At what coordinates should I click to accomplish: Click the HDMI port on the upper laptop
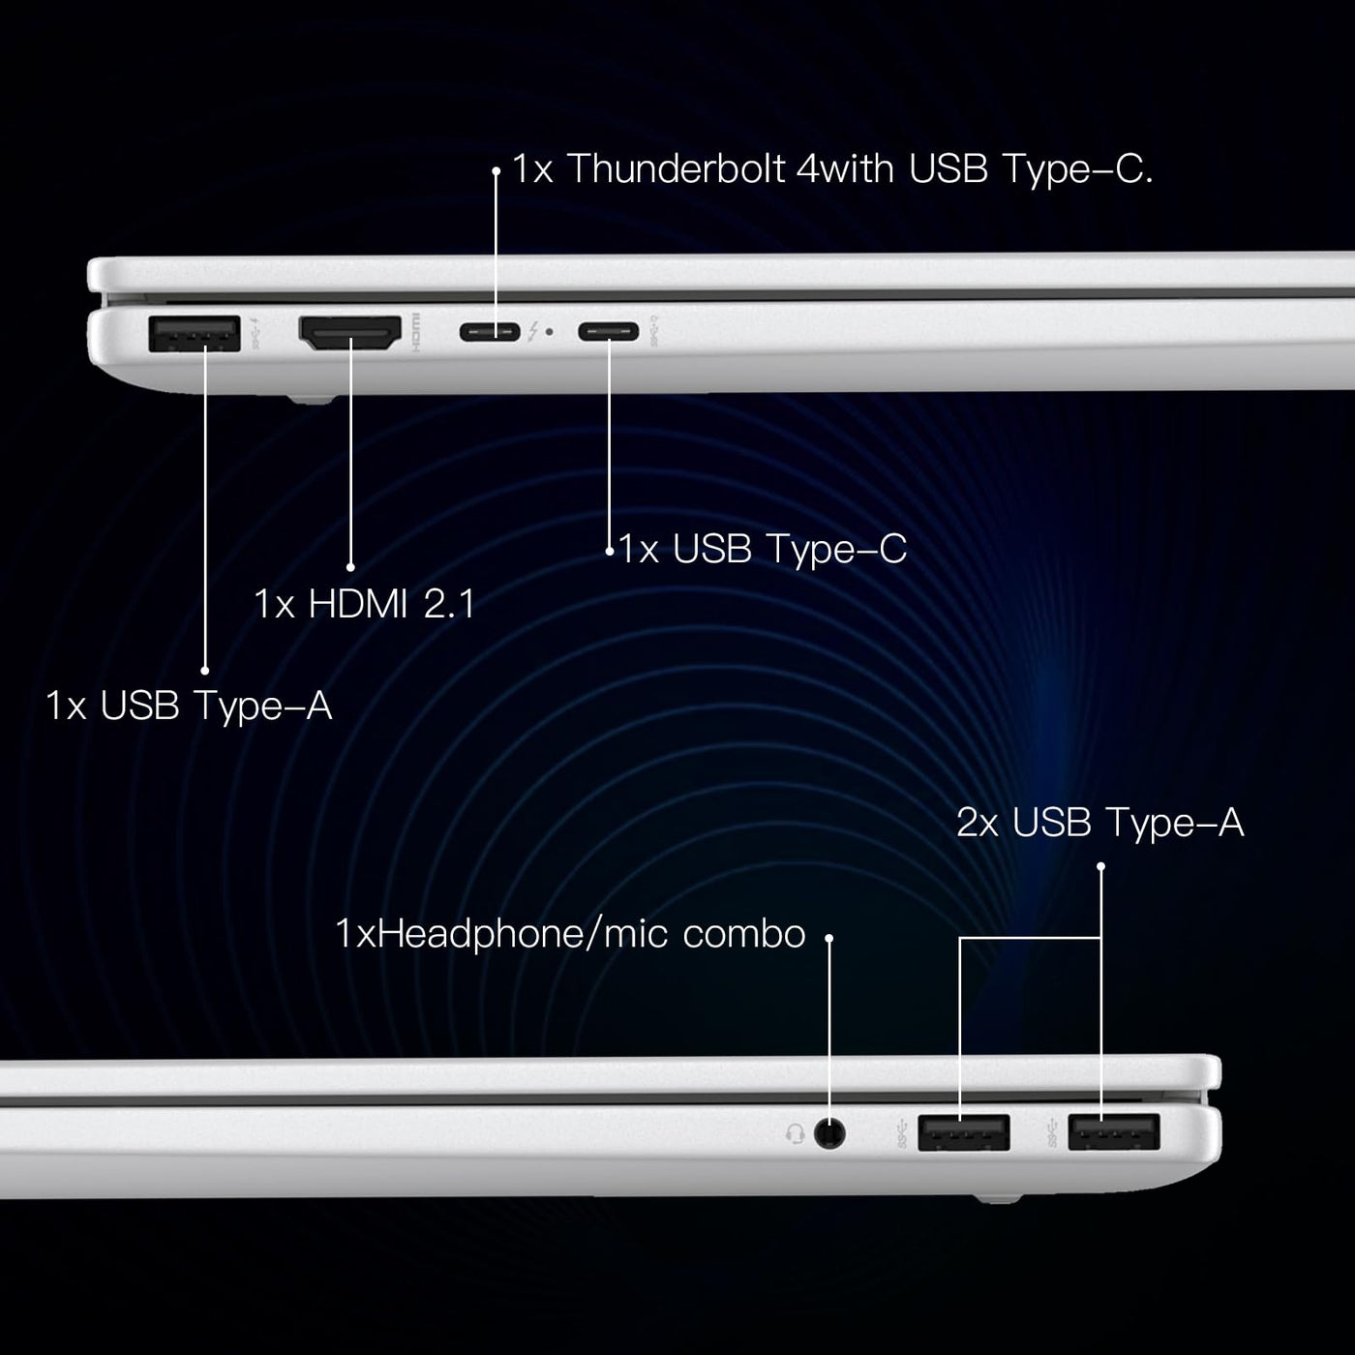click(x=350, y=333)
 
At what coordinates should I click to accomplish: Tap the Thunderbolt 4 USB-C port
click(x=490, y=332)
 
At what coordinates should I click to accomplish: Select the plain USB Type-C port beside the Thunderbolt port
click(x=608, y=331)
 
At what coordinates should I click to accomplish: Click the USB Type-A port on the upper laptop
click(x=195, y=334)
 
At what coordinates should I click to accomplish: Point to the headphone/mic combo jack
click(x=829, y=1133)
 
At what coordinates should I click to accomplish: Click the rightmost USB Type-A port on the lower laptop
click(x=1114, y=1132)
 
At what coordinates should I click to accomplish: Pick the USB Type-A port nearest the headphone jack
click(x=964, y=1132)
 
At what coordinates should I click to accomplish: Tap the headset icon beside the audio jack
click(x=796, y=1133)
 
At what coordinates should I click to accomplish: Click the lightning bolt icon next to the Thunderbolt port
click(x=533, y=331)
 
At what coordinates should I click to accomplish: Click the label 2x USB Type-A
click(x=1100, y=823)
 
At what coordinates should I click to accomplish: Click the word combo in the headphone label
click(x=744, y=935)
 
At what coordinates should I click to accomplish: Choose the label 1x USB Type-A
click(x=189, y=706)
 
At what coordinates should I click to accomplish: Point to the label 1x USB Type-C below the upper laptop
click(x=763, y=549)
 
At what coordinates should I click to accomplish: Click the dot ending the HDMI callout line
click(x=351, y=567)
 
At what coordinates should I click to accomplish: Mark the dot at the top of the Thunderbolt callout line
click(x=496, y=171)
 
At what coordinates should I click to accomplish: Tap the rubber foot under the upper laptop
click(x=311, y=400)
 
